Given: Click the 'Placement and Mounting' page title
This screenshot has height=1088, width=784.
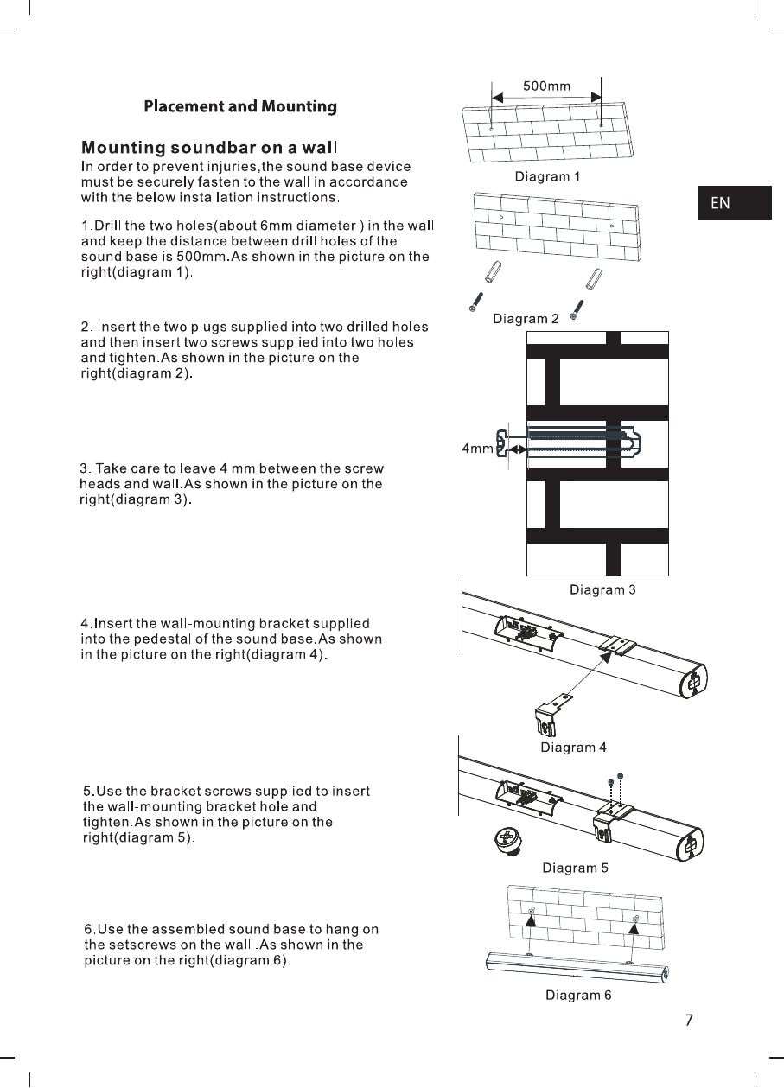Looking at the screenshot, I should click(239, 107).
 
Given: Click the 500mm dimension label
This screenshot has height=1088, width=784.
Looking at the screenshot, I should click(546, 86).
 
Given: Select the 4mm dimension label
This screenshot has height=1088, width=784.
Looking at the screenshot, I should click(477, 449).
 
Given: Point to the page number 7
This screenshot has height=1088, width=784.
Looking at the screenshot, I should click(689, 1021).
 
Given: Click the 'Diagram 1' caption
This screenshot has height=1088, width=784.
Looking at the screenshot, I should click(547, 177).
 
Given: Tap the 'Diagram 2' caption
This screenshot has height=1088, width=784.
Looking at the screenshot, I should click(526, 319).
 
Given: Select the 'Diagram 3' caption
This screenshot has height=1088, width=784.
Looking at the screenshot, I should click(602, 590).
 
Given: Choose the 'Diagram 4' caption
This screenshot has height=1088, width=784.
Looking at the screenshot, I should click(574, 748).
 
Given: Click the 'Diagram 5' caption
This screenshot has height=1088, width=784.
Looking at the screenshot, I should click(575, 868).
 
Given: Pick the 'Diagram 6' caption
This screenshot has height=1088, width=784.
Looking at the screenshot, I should click(578, 996).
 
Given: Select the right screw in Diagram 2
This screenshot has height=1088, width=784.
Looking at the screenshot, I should click(577, 309).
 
